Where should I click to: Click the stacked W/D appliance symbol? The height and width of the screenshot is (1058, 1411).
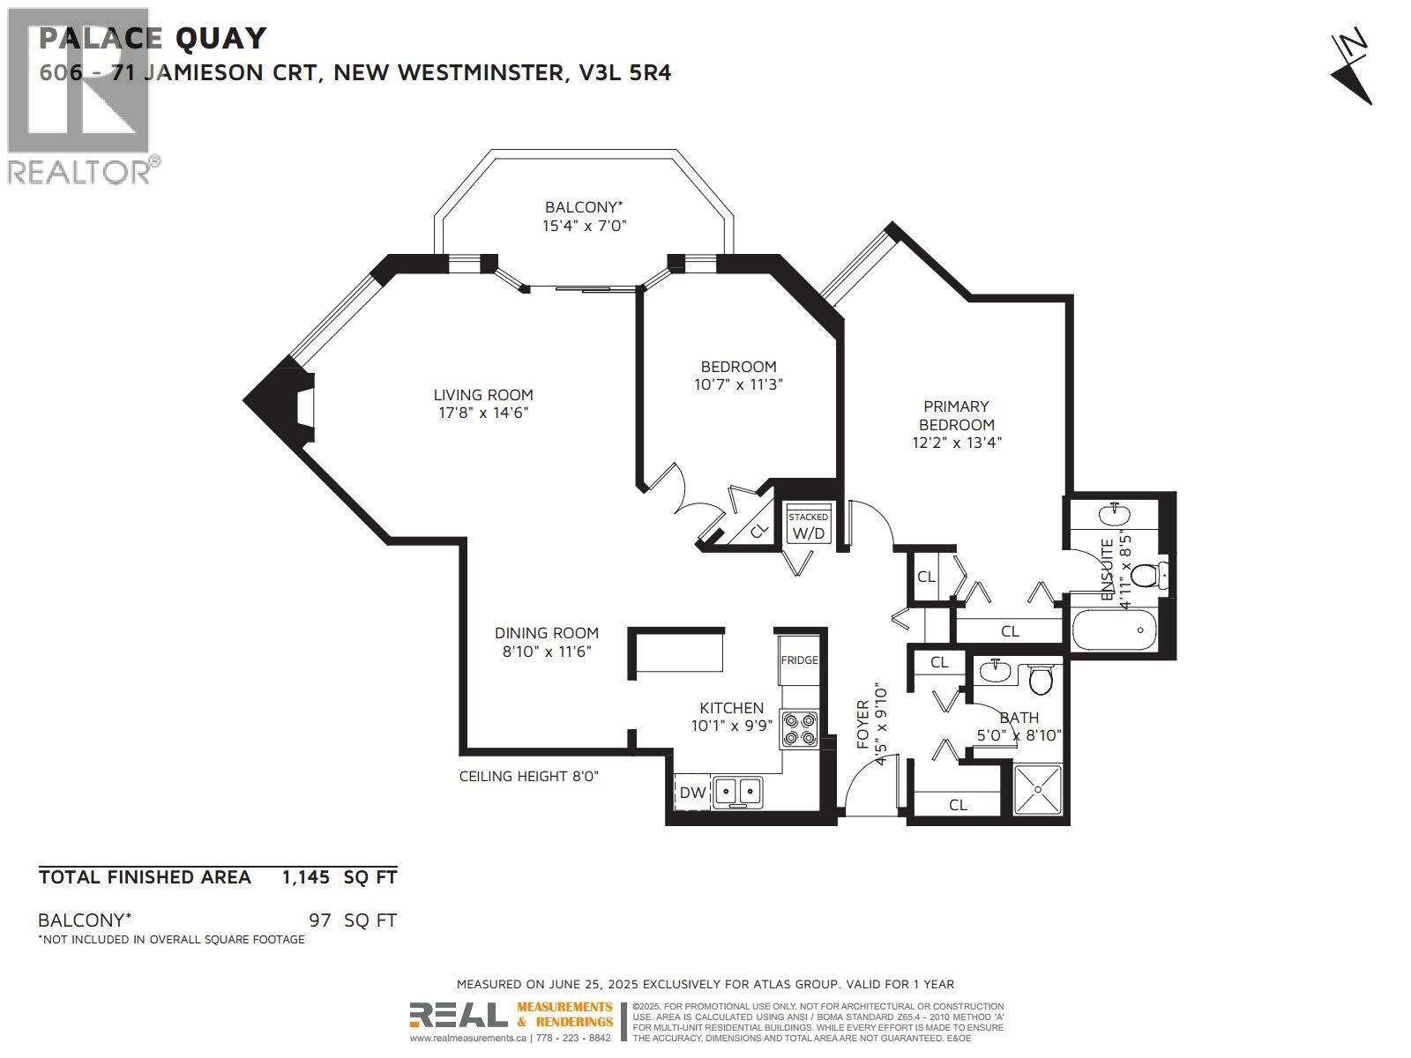click(809, 527)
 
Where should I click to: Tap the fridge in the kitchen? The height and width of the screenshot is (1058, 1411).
click(799, 659)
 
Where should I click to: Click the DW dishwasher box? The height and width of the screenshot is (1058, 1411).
click(692, 793)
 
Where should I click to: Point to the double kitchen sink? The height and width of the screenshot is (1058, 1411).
click(737, 792)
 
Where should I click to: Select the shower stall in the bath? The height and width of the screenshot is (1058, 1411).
click(1039, 791)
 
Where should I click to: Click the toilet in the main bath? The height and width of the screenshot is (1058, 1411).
click(1041, 679)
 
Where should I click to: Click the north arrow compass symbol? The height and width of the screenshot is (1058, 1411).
click(1351, 68)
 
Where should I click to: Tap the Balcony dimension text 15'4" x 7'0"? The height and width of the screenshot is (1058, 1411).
click(585, 226)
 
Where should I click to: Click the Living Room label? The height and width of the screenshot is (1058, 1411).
click(483, 395)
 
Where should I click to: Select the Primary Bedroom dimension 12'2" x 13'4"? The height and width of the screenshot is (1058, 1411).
click(957, 443)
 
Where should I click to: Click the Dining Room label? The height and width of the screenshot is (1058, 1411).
click(546, 633)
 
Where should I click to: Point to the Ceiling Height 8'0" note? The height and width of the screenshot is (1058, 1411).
click(529, 776)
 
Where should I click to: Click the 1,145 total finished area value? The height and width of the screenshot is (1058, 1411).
click(305, 877)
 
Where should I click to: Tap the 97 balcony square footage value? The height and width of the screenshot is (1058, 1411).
click(320, 920)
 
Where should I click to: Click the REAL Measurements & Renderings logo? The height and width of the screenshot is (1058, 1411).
click(511, 1015)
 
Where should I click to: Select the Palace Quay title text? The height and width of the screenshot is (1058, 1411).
click(153, 38)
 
